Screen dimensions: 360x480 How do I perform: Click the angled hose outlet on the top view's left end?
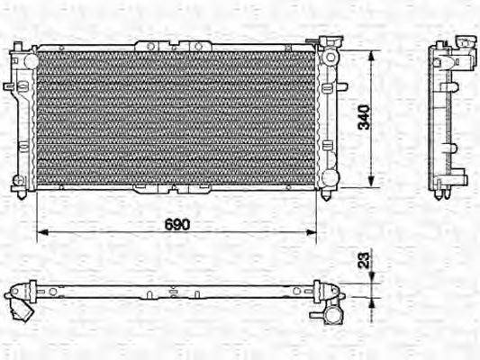(x=22, y=309)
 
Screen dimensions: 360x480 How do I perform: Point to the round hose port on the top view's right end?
(x=333, y=316)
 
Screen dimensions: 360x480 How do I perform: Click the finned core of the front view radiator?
(x=177, y=117)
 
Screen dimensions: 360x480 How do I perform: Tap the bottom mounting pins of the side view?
(x=442, y=193)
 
